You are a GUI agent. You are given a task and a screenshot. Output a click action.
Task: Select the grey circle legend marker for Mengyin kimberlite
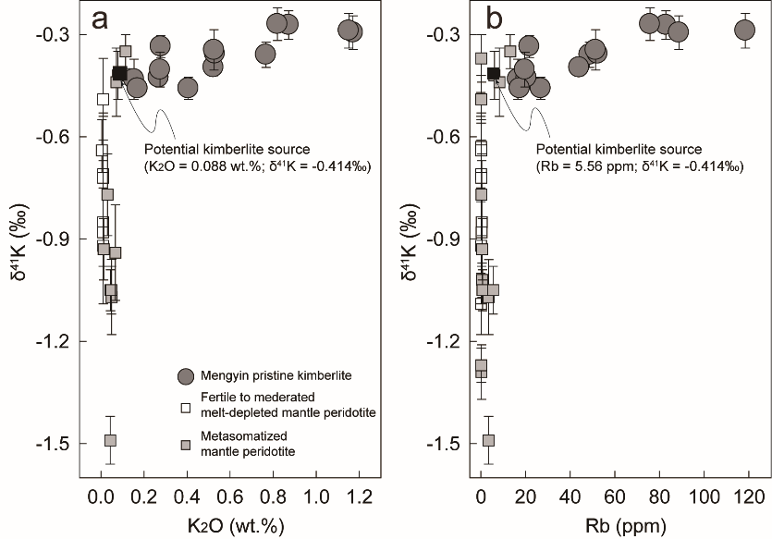[186, 376]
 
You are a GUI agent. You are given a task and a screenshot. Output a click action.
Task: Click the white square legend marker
[186, 407]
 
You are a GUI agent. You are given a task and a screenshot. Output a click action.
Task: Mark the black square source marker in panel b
[493, 73]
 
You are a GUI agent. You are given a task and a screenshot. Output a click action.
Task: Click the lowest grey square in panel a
[110, 440]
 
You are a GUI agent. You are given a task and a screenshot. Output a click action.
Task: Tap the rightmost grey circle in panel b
[745, 31]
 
